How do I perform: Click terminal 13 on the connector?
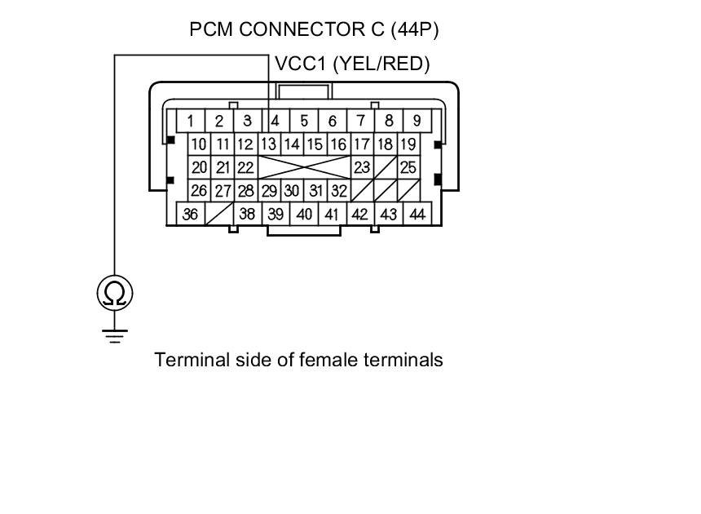point(269,145)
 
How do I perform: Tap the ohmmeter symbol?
point(114,293)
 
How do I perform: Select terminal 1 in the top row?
point(191,122)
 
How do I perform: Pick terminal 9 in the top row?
point(417,121)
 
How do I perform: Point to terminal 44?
point(417,214)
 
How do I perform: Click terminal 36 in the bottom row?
point(191,214)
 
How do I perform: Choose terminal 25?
point(408,168)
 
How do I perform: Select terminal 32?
point(339,191)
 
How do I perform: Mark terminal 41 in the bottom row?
point(332,214)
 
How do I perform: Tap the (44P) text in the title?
point(415,30)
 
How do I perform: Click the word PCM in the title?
point(209,30)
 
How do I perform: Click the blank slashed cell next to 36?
point(219,214)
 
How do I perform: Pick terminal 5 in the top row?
point(304,121)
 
